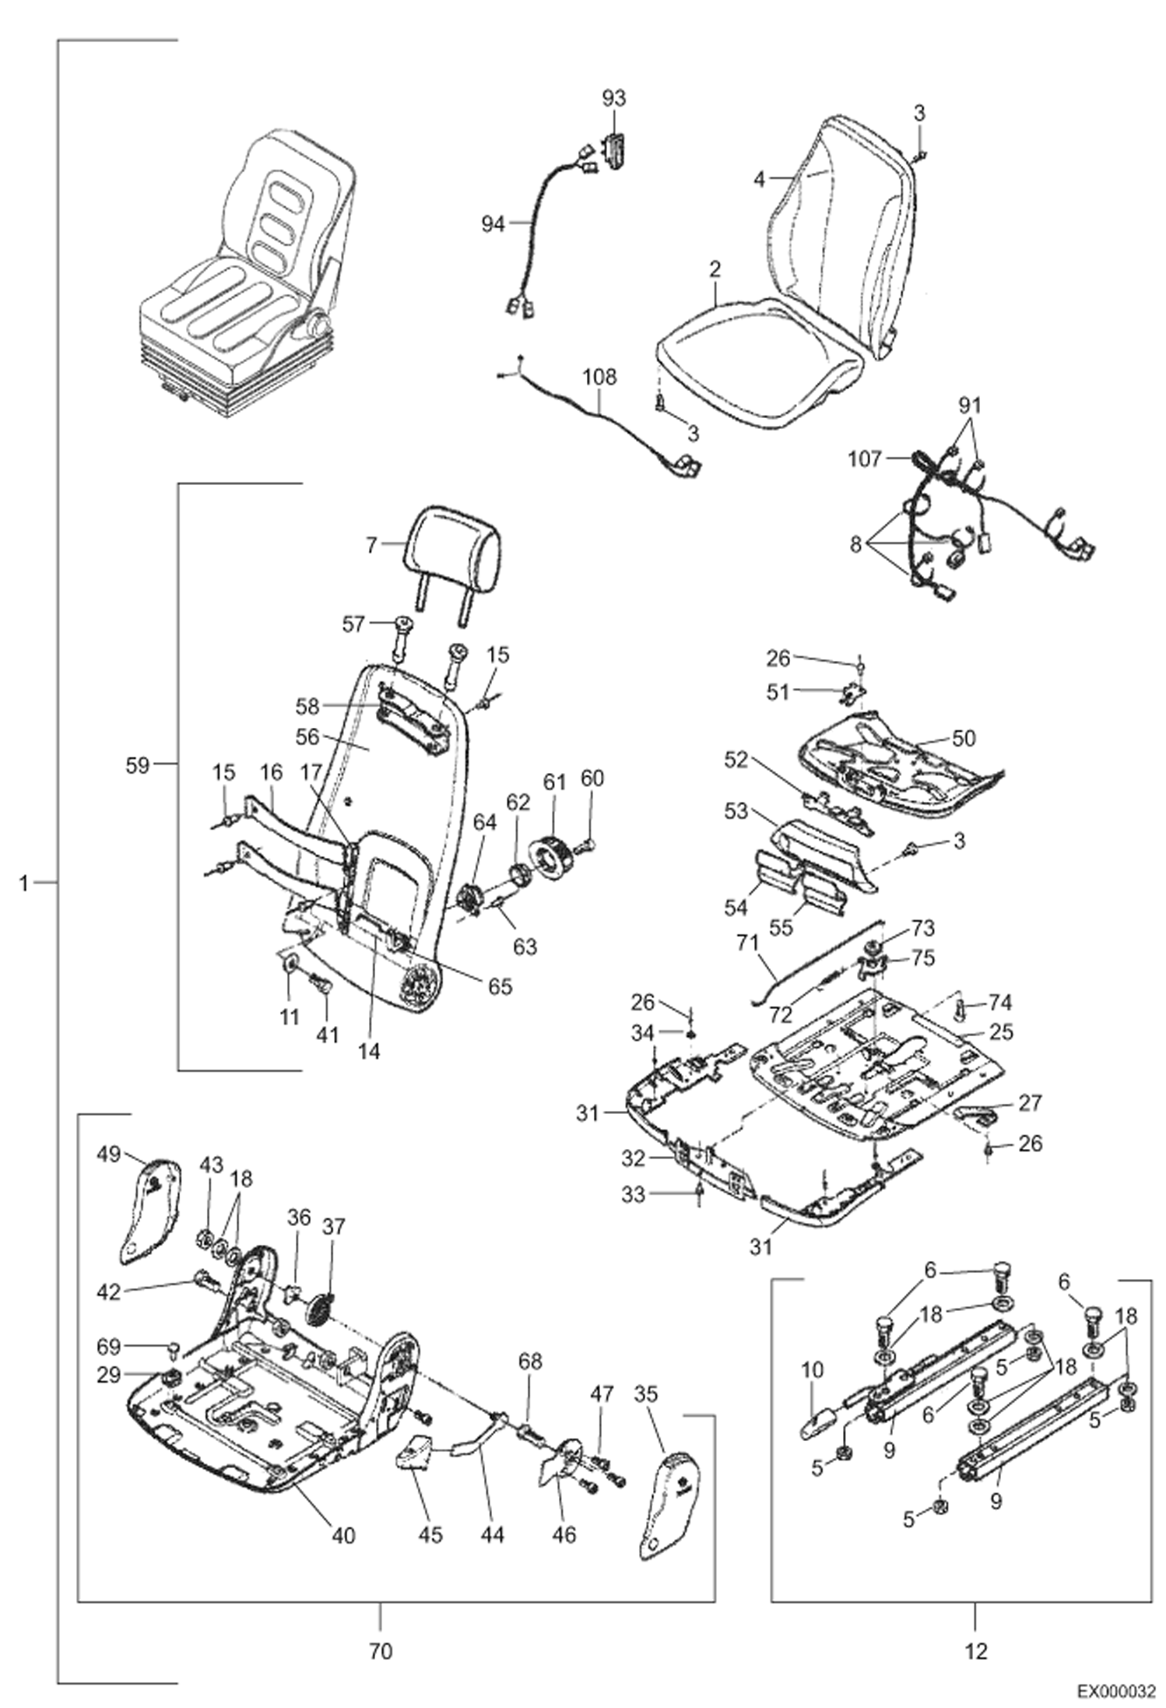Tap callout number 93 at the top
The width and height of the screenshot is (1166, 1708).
click(x=613, y=98)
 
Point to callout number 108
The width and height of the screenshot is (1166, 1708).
click(x=599, y=378)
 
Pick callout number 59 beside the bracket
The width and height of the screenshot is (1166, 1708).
click(x=137, y=764)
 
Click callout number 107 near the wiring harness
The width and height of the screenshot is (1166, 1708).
click(x=865, y=459)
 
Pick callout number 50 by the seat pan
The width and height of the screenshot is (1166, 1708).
click(x=963, y=738)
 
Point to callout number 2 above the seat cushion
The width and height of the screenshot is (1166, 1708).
click(x=715, y=270)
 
